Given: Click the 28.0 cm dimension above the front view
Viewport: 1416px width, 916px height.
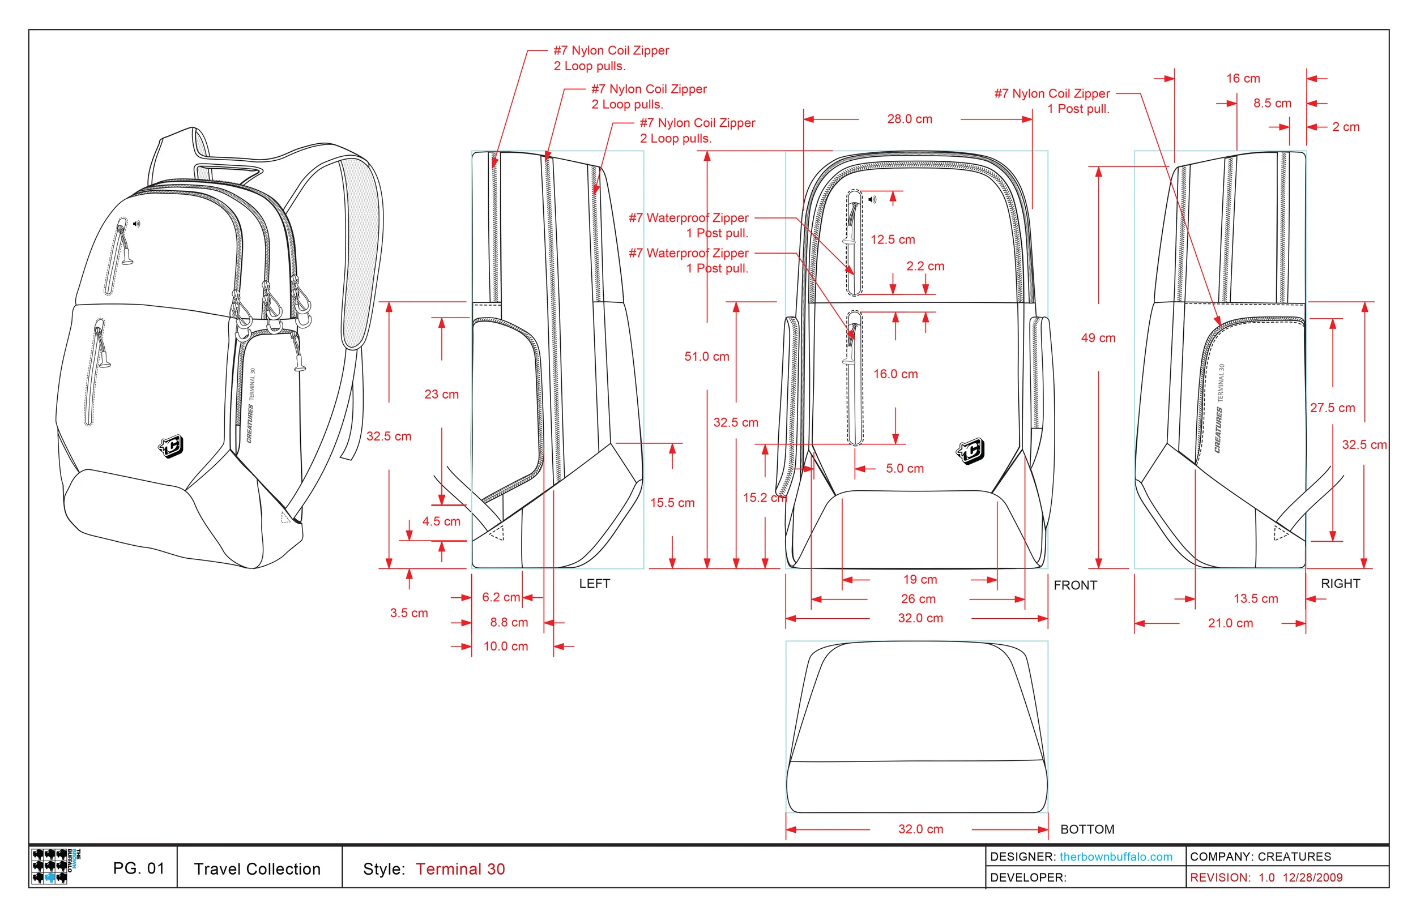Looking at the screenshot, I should coord(909,119).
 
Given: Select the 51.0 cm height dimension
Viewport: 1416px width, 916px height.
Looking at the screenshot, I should coord(706,356).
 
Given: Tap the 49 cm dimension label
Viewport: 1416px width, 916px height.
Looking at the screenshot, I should coord(1098,338).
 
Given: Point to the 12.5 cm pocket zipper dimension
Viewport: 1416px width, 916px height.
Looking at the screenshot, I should coord(893,239).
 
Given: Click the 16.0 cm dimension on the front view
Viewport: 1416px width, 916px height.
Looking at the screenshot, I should coord(895,374).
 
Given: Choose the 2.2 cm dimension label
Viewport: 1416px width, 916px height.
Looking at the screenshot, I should coord(924,266).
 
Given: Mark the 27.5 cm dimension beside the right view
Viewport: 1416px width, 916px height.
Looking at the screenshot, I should coord(1332,408).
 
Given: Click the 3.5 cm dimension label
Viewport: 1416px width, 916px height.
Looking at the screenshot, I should coord(409,613).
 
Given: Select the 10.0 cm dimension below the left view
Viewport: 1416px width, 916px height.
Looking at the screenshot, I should coord(505,646).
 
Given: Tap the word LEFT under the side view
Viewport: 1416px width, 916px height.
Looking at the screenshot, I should coord(594,584).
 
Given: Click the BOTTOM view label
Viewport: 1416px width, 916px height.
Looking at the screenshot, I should coord(1087,829).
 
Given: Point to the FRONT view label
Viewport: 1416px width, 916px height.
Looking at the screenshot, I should coord(1074,585).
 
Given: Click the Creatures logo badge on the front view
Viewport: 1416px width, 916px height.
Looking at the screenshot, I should coord(970,451).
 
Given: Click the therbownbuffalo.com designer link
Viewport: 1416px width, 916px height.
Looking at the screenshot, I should coord(1116,857).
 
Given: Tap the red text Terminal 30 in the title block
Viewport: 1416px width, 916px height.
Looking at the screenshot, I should coord(460,869).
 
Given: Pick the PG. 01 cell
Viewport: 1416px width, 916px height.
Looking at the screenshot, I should coord(138,868).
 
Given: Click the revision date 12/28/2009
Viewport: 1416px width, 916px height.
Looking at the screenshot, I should coord(1312,878).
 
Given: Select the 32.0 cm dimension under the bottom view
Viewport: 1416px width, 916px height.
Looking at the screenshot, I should coord(920,829).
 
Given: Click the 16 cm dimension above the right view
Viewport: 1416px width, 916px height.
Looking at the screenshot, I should coord(1242,79).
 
